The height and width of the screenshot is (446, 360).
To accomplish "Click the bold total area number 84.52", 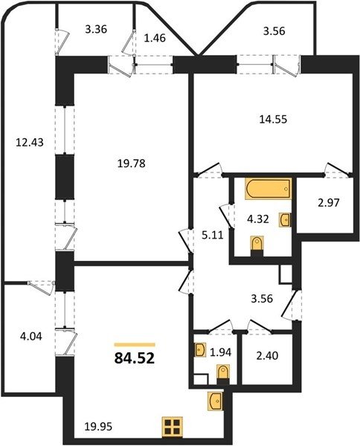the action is [135, 358].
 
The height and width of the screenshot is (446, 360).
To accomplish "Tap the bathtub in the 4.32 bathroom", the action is [268, 189].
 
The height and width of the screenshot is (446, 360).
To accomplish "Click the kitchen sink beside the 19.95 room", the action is [215, 401].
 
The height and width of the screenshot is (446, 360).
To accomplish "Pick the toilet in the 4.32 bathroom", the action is [257, 245].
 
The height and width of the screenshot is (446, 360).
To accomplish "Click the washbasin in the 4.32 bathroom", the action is [285, 220].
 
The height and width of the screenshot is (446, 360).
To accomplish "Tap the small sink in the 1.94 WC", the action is [199, 349].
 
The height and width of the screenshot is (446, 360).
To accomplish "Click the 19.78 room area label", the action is [132, 164].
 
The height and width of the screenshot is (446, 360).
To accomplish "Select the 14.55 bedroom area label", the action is [273, 120].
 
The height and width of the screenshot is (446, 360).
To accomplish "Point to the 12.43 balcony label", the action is [30, 142].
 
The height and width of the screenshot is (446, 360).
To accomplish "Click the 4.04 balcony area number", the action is [31, 337].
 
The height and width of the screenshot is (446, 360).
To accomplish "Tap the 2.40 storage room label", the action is [268, 355].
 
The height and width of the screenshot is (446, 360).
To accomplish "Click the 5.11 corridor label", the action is [212, 235].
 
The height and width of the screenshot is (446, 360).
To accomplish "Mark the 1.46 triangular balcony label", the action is [155, 38].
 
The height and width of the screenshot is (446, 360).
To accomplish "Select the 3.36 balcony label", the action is [96, 29].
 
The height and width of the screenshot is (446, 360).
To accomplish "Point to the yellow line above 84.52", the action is [135, 345].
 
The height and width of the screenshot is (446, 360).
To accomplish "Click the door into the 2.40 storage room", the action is [260, 326].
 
